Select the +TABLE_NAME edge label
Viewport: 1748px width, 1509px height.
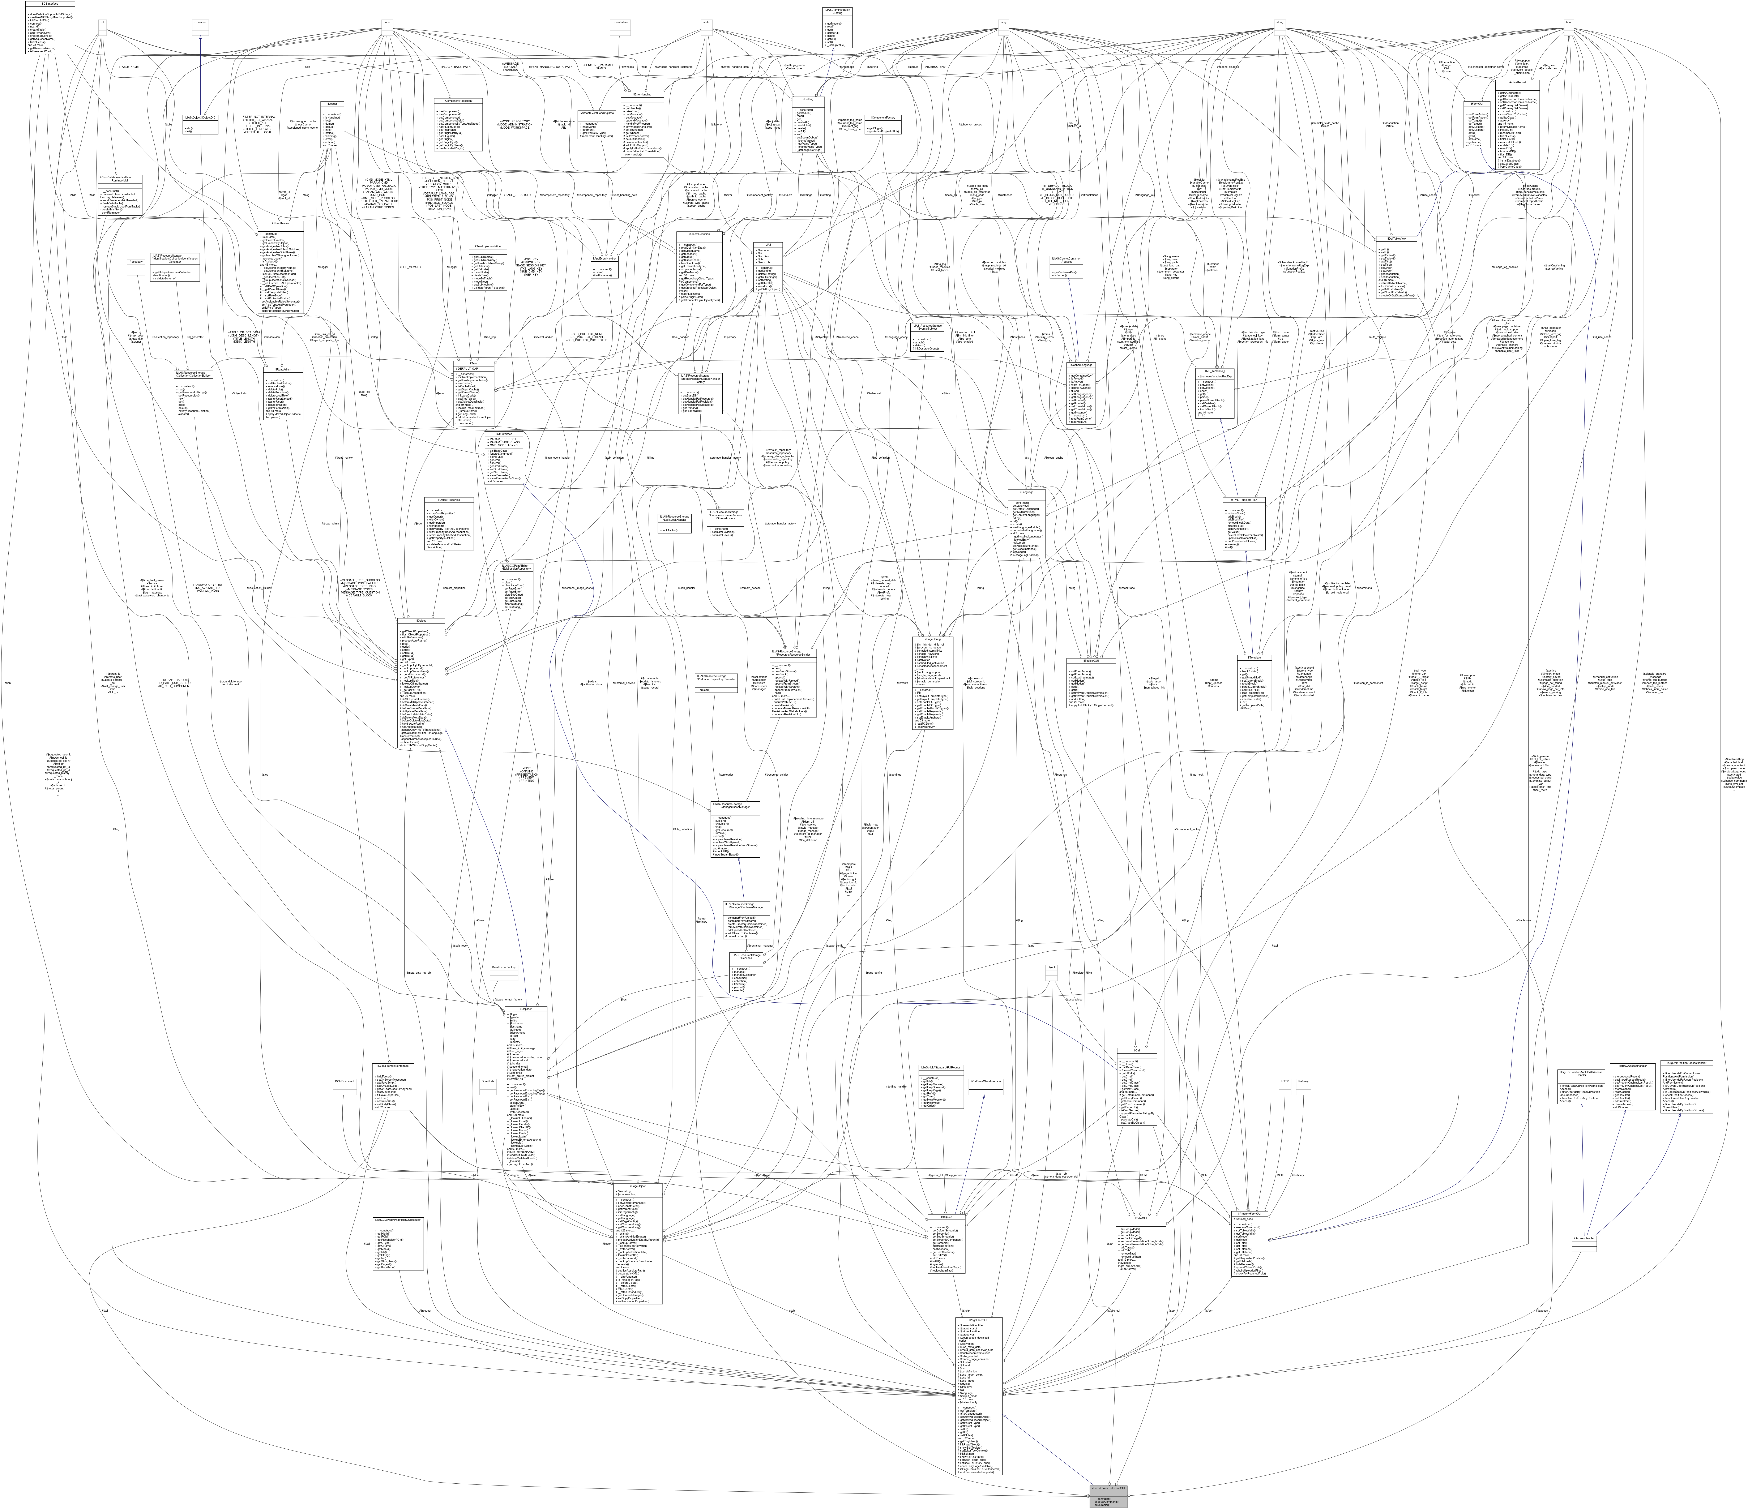point(128,66)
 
